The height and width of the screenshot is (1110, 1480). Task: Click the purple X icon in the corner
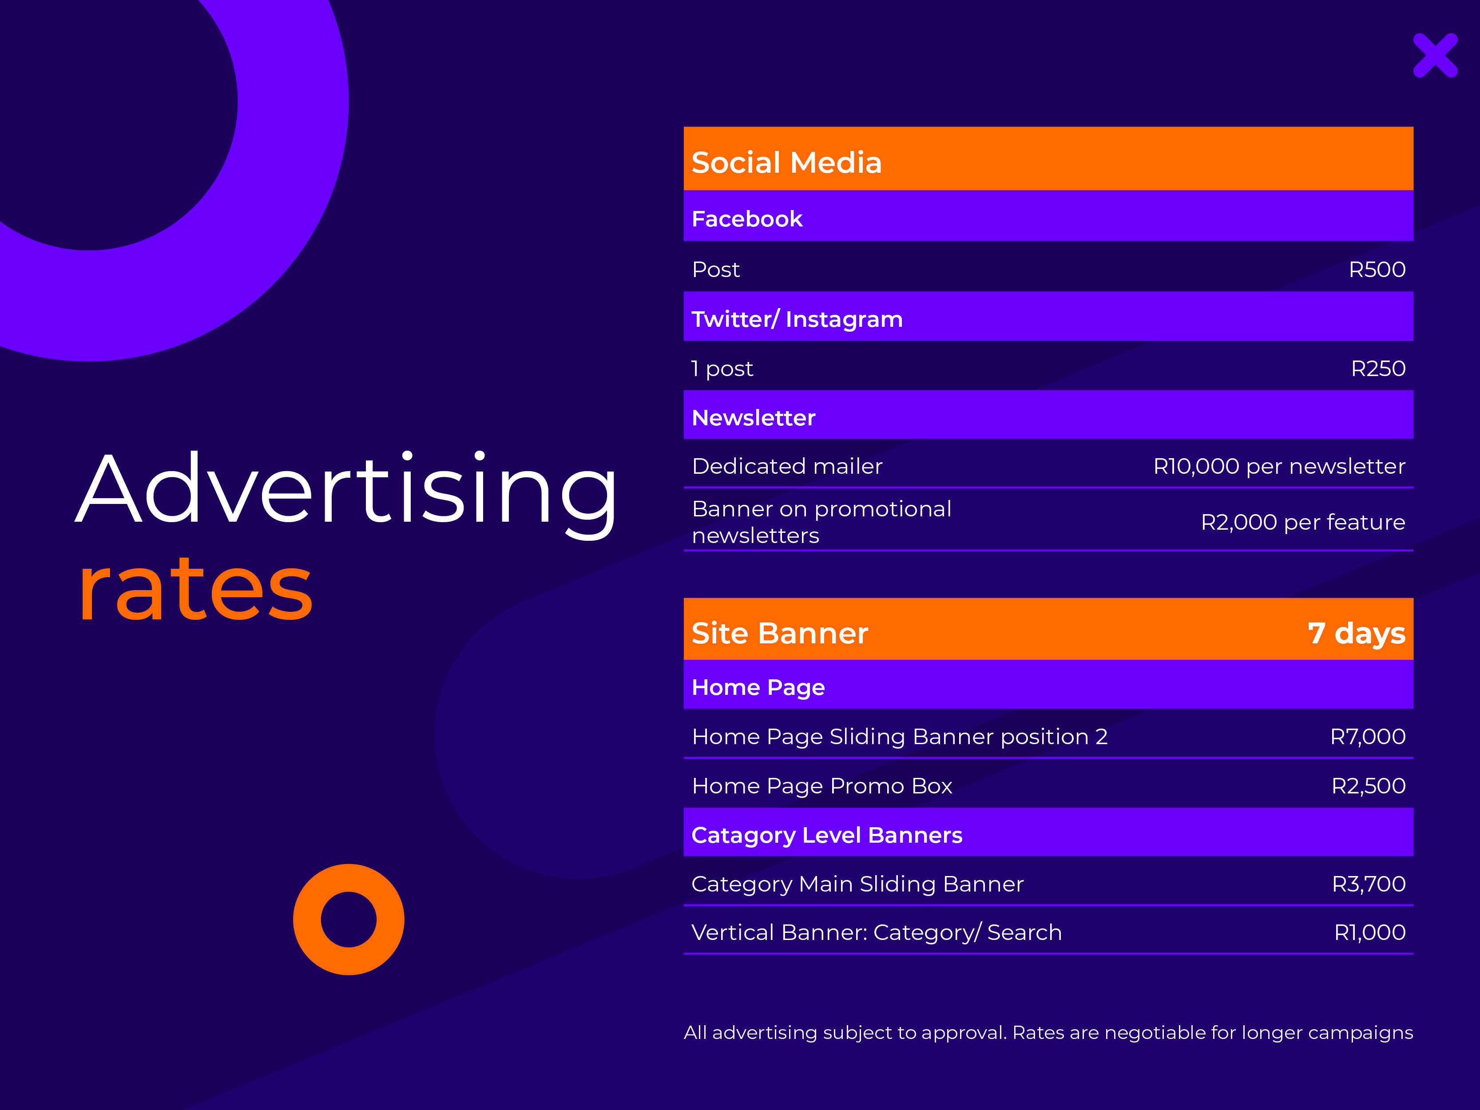tap(1435, 55)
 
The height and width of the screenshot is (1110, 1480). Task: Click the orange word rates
tap(195, 589)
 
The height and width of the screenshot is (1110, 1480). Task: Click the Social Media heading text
tap(786, 163)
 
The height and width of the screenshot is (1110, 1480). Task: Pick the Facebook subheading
tap(747, 219)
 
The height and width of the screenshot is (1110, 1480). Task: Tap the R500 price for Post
tap(1377, 270)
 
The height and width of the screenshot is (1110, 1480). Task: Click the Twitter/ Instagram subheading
tap(797, 319)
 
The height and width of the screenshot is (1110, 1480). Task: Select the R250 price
tap(1378, 369)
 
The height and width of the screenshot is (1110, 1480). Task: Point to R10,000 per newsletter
tap(1279, 466)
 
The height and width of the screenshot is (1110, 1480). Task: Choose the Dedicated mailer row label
tap(787, 466)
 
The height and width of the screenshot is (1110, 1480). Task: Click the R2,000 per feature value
tap(1303, 523)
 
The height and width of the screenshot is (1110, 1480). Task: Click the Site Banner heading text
tap(779, 633)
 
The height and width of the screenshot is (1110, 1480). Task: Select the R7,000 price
tap(1368, 737)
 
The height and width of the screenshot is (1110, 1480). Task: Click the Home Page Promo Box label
tap(821, 786)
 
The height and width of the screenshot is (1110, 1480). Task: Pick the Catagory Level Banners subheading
tap(826, 836)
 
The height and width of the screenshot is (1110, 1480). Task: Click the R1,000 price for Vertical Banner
tap(1369, 933)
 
